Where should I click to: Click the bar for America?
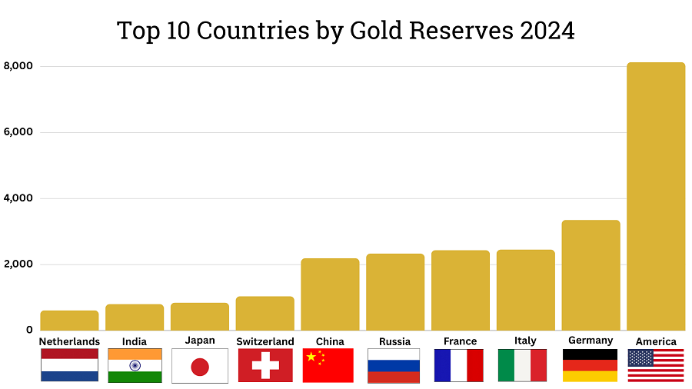click(656, 196)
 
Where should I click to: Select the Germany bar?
click(591, 275)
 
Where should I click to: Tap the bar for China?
click(330, 294)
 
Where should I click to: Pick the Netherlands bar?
click(69, 321)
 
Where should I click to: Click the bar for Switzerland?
click(264, 313)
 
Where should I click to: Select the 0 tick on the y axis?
click(28, 331)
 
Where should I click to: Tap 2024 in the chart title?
click(545, 30)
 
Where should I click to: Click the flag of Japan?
click(200, 366)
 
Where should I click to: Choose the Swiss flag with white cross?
click(265, 365)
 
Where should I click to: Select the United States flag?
click(656, 365)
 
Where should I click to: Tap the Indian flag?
click(135, 365)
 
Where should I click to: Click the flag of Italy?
click(522, 365)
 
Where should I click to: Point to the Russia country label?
click(394, 341)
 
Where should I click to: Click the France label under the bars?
click(460, 341)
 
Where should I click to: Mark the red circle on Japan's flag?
click(200, 367)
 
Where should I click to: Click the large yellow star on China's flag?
click(311, 357)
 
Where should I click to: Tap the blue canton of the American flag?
click(640, 357)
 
